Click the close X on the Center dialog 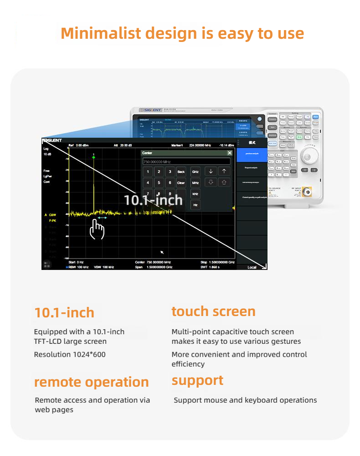pos(230,153)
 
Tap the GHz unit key pos(195,172)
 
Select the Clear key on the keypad pos(181,183)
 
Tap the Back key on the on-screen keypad pos(181,172)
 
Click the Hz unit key pos(195,205)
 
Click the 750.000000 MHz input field pos(186,161)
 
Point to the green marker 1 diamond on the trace pos(94,157)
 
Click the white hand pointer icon pos(97,229)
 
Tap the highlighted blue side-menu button pos(252,154)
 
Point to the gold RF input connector pos(308,193)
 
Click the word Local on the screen pos(252,267)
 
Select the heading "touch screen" pos(213,311)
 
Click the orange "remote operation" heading pos(91,382)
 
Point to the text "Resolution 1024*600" pos(70,354)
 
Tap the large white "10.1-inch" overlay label pos(153,200)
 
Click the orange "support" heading pos(197,380)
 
